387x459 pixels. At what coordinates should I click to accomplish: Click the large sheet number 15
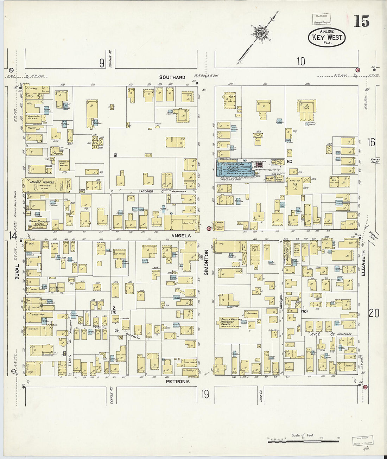coord(362,21)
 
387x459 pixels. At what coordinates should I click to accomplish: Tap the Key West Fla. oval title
coord(326,37)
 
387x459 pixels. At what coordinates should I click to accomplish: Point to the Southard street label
coord(172,77)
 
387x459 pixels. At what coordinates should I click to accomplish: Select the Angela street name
coord(181,236)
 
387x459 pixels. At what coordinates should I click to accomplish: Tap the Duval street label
coord(17,272)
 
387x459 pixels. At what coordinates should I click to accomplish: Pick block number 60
coord(290,161)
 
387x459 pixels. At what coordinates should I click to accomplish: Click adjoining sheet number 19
coord(205,395)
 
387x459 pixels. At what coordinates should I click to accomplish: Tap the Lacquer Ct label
coord(148,191)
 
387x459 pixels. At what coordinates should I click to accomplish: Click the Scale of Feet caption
coord(303,435)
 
